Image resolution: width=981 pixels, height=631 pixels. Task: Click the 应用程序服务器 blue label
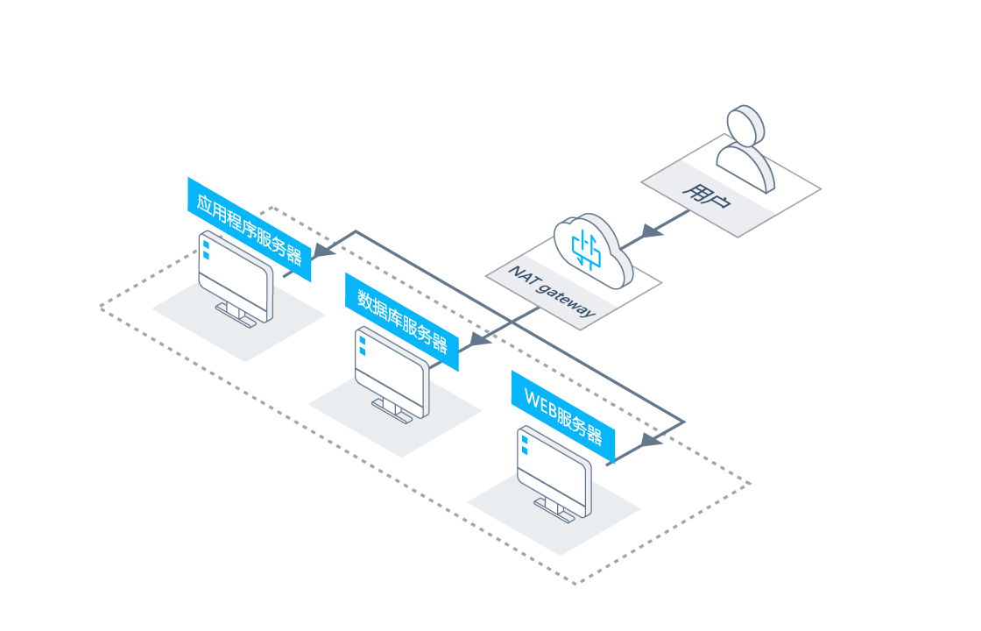pos(249,229)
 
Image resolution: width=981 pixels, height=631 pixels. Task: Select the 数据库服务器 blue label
pos(402,322)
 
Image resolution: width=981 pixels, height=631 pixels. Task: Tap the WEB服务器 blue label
pos(563,416)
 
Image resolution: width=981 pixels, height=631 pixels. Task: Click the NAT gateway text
pos(552,291)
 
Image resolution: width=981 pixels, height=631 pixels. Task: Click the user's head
pos(745,126)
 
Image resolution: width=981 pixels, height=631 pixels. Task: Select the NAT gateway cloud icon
pos(593,251)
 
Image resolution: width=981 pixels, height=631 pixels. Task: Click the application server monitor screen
pos(236,273)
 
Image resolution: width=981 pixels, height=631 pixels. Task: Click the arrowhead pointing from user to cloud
pos(651,231)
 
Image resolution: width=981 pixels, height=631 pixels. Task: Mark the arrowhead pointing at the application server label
pos(323,251)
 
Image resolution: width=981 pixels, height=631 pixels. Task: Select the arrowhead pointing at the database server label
pos(480,340)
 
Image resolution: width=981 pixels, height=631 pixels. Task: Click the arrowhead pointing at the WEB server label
pos(652,440)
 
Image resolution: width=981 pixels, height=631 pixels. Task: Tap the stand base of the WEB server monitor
pos(554,510)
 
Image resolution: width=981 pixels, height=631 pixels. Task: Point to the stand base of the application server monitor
pos(236,315)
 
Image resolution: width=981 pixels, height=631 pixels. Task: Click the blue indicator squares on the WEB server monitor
pos(525,445)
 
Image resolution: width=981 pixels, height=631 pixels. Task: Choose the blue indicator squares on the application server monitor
pos(206,250)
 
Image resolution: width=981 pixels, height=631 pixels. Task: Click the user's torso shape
pos(745,167)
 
